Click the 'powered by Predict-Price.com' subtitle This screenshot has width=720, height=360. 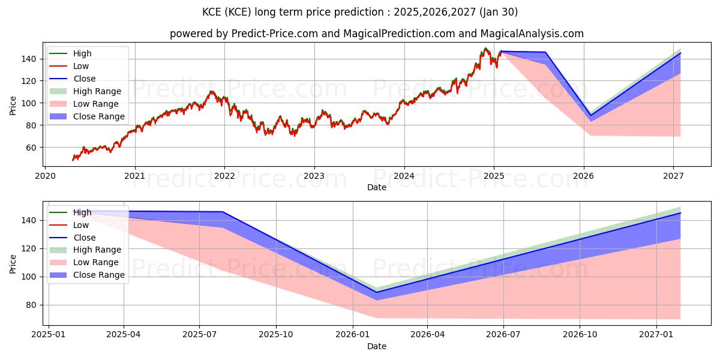click(x=376, y=34)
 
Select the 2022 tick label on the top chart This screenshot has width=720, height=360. click(x=224, y=176)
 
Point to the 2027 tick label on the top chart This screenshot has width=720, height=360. click(x=674, y=176)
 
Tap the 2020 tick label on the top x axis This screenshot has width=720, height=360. click(x=45, y=176)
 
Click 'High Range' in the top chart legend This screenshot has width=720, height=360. click(x=97, y=91)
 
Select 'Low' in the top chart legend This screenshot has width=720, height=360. click(x=81, y=66)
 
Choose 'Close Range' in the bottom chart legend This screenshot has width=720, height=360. click(x=99, y=275)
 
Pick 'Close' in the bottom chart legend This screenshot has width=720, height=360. click(x=85, y=238)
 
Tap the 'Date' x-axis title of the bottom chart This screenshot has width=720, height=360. click(x=376, y=346)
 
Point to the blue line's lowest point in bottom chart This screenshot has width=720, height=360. click(x=377, y=292)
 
